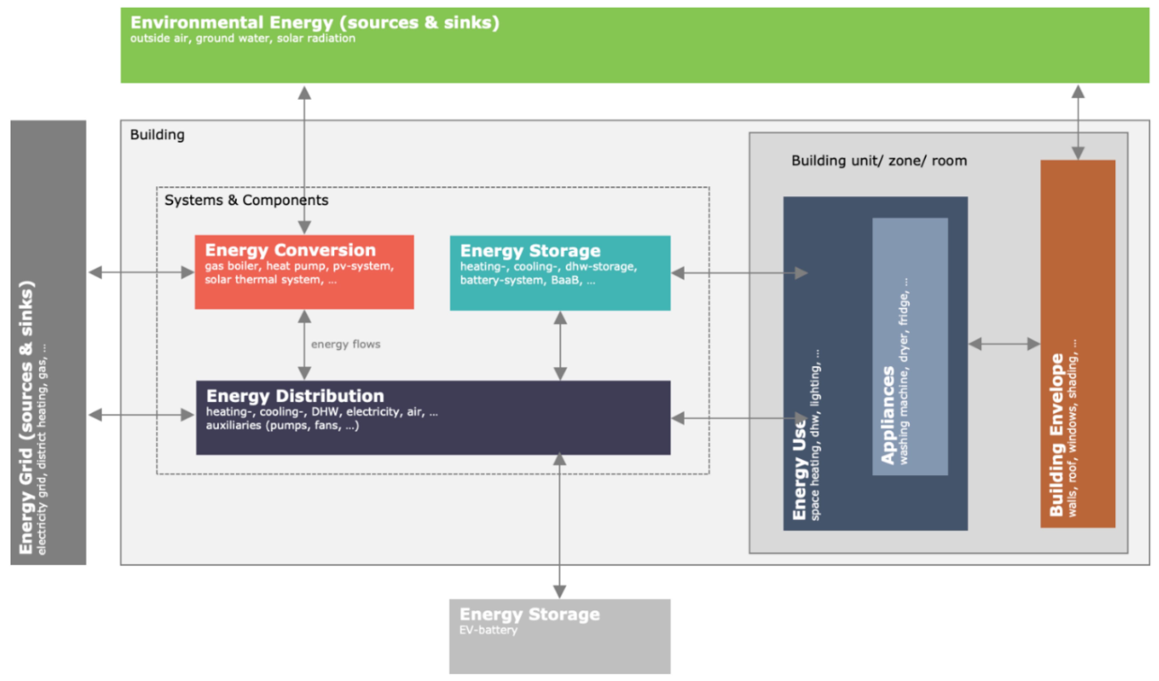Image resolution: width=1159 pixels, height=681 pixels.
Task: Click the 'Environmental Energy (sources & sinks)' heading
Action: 315,22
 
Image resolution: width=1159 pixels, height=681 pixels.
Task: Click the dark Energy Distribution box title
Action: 295,396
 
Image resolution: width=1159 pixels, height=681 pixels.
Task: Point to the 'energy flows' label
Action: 345,344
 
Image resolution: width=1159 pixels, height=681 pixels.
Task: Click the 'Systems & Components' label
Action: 246,200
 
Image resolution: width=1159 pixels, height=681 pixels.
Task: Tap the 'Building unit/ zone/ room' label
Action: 879,161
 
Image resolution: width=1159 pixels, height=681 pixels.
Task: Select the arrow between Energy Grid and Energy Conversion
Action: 141,272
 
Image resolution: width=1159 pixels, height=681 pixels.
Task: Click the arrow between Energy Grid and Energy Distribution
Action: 141,415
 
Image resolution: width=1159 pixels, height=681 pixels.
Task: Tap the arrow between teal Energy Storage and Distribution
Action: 560,345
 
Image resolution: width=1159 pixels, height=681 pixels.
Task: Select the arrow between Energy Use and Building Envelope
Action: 1004,344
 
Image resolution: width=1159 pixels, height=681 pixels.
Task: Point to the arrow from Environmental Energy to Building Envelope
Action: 1078,122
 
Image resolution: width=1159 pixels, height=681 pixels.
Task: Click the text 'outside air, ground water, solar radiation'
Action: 242,38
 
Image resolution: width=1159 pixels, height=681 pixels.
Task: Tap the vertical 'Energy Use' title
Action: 800,469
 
